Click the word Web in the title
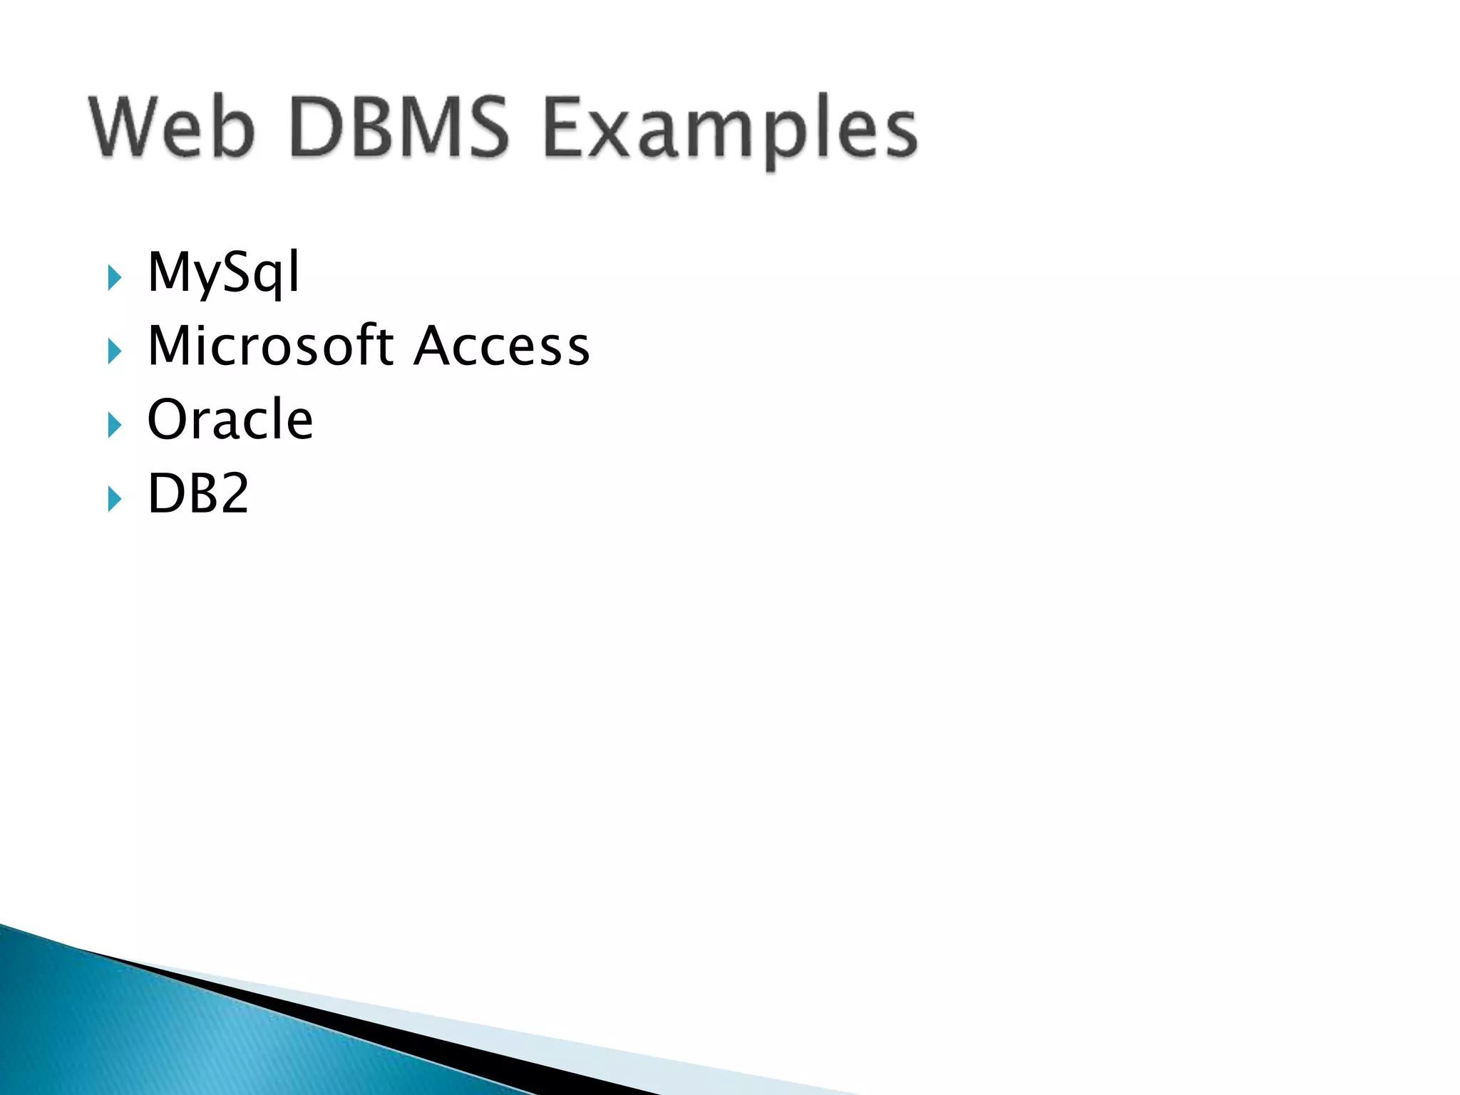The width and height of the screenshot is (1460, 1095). click(x=171, y=128)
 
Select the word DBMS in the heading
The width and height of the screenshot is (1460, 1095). click(x=399, y=128)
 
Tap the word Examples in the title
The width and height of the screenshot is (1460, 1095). click(x=730, y=132)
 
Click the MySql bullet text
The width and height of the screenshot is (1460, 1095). click(x=224, y=272)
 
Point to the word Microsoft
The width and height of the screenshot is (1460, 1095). click(x=271, y=346)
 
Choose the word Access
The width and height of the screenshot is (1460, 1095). click(x=502, y=346)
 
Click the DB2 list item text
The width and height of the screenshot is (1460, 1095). click(x=198, y=493)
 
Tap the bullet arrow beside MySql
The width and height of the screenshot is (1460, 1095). click(x=114, y=277)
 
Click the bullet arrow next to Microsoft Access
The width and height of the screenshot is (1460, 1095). click(x=114, y=351)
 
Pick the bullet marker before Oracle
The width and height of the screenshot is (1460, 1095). click(x=114, y=425)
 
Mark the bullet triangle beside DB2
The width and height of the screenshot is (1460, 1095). click(x=114, y=498)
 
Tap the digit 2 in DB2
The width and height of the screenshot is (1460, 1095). click(x=231, y=493)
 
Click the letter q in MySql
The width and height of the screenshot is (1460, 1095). click(x=269, y=278)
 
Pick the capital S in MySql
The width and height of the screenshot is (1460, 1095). click(x=235, y=272)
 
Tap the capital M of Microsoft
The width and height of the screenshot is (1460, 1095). click(x=168, y=346)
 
